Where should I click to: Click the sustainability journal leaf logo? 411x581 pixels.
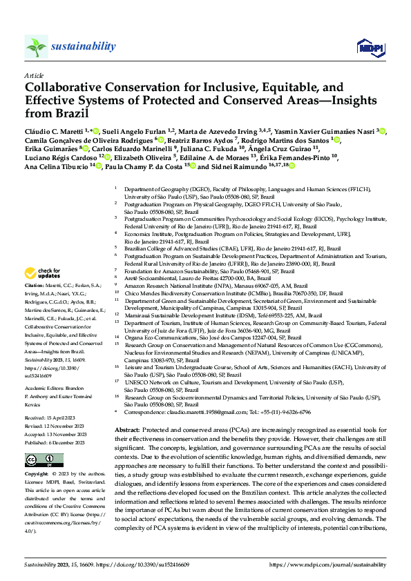tap(36, 46)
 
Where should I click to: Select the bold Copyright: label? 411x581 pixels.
tap(36, 475)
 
